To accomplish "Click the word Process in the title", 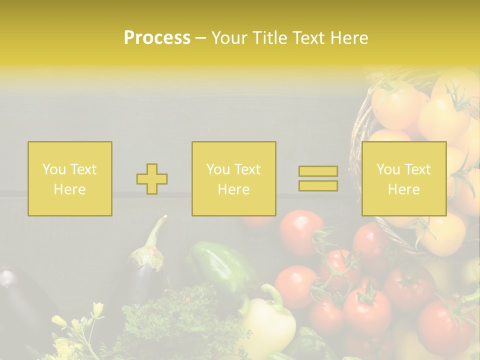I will [x=157, y=38].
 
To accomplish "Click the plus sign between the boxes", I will [x=152, y=179].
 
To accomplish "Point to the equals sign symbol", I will [x=318, y=178].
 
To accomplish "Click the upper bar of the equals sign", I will [x=318, y=171].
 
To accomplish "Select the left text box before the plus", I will [x=70, y=179].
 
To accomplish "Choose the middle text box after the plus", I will [x=233, y=179].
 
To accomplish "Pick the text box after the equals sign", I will [x=403, y=179].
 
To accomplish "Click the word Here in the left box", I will [x=69, y=189].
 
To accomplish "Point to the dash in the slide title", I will [x=201, y=38].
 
